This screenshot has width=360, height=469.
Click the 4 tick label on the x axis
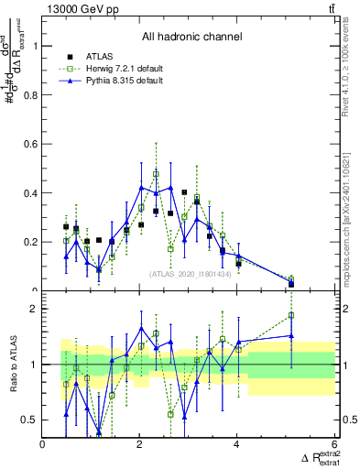pos(237,445)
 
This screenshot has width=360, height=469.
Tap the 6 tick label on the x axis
pos(334,445)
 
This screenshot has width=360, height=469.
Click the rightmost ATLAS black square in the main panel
pos(291,284)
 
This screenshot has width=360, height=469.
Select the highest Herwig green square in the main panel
pos(156,173)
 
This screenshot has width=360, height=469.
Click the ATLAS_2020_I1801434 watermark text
pos(190,273)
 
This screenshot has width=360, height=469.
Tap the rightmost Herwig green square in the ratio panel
pos(291,315)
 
